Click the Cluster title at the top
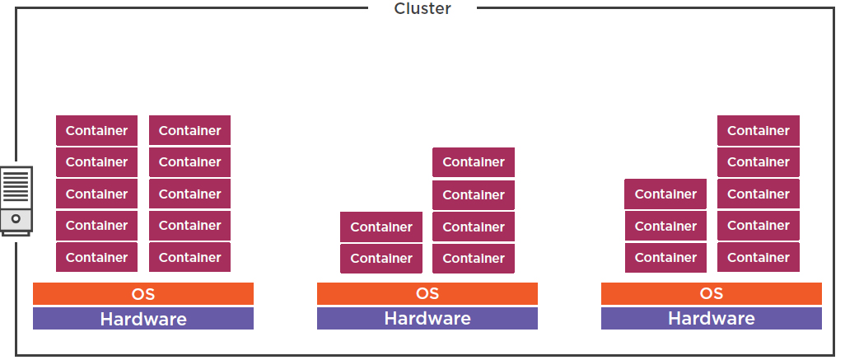[x=422, y=9]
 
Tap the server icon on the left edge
[x=16, y=200]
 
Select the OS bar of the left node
[x=143, y=294]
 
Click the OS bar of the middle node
[x=427, y=294]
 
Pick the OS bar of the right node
[x=712, y=294]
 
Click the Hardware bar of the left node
[x=143, y=319]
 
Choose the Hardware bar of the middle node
[x=427, y=319]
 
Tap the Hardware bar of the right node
[x=712, y=319]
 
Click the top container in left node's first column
[x=97, y=131]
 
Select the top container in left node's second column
[x=190, y=131]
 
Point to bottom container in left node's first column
[x=97, y=258]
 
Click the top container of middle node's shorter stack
[x=381, y=227]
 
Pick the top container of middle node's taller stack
[x=474, y=162]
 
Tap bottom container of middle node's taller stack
[x=474, y=259]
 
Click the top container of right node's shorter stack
[x=665, y=194]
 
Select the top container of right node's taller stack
[x=759, y=131]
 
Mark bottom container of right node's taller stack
[x=759, y=258]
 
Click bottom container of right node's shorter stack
[x=665, y=258]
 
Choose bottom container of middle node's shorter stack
[x=381, y=259]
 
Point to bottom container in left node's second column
[x=190, y=258]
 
